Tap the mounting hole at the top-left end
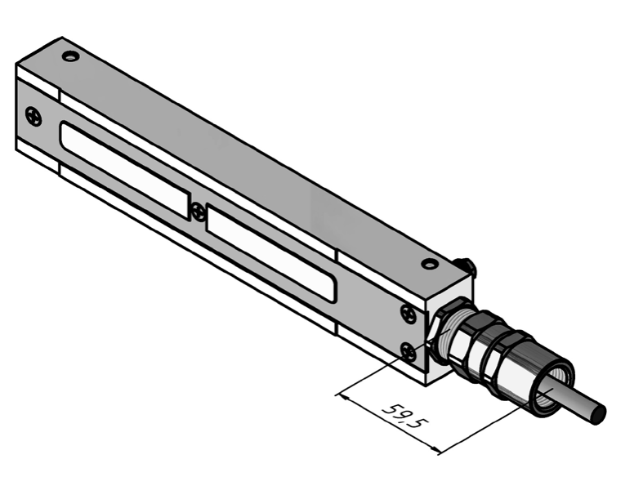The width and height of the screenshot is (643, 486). point(70,56)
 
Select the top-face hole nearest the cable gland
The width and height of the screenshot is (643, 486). point(430,264)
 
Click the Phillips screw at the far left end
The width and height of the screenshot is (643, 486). point(33,116)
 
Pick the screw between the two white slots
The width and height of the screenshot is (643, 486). point(199,212)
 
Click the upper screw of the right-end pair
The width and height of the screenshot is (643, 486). point(409,314)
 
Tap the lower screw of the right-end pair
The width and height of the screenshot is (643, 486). point(409,351)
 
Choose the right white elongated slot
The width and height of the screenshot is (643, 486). point(271,252)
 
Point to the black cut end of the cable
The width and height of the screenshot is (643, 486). point(599,414)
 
